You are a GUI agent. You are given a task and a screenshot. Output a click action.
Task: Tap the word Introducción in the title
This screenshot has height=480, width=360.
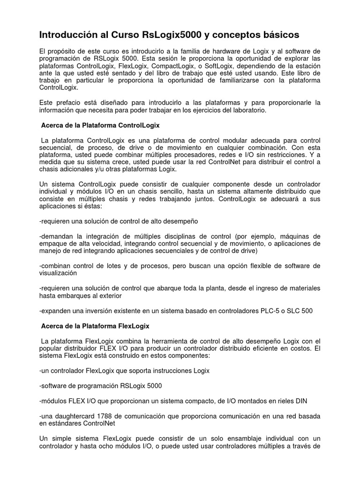(x=70, y=35)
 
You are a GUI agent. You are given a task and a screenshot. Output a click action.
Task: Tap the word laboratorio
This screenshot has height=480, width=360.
(x=247, y=110)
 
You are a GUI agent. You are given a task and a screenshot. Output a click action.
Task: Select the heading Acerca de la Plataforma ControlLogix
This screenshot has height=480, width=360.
(x=100, y=126)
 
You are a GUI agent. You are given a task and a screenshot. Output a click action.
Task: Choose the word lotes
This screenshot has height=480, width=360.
(x=112, y=266)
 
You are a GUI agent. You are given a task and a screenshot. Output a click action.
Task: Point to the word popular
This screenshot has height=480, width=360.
(x=51, y=348)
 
